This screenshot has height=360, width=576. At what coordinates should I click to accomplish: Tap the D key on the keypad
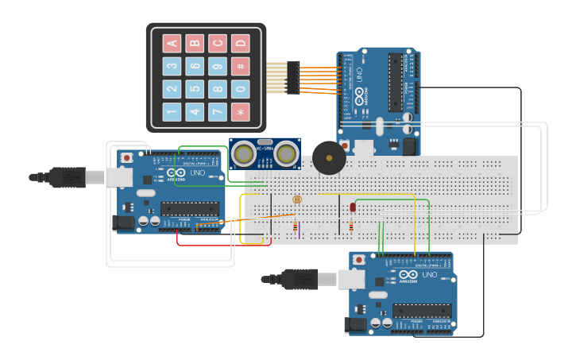click(240, 43)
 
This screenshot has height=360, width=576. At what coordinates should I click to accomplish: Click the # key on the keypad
click(240, 66)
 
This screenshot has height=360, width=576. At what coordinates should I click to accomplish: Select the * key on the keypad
click(240, 112)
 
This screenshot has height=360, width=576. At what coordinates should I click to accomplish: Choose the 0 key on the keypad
click(240, 89)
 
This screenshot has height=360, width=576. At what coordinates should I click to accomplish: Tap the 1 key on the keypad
click(172, 112)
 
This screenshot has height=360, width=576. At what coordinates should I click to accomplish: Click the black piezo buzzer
click(328, 157)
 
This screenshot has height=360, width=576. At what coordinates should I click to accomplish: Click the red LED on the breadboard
click(353, 207)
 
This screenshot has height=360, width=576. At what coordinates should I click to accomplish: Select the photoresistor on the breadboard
click(297, 199)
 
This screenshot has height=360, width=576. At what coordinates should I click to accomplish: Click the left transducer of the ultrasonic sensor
click(245, 153)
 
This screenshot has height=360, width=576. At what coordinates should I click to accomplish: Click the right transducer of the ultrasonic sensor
click(285, 153)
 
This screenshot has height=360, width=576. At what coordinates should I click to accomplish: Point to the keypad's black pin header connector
click(293, 78)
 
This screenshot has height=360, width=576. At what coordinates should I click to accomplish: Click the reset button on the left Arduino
click(126, 157)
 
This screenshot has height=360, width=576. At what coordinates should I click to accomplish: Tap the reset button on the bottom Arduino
click(359, 260)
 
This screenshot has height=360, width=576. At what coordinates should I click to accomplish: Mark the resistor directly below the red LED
click(351, 227)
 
